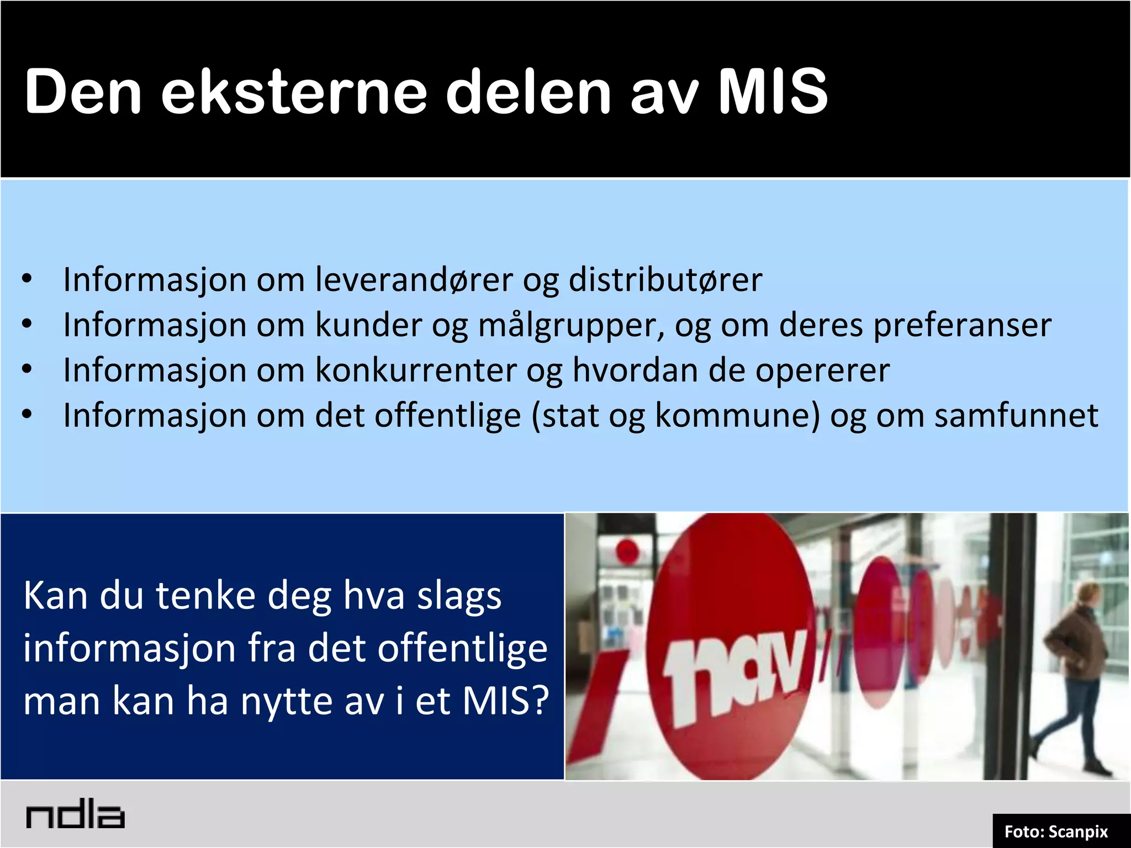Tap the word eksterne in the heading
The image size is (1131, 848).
click(x=294, y=92)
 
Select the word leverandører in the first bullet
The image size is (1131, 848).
click(x=414, y=279)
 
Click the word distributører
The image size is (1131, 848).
click(x=665, y=279)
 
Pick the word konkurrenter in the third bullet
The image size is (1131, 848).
click(x=415, y=370)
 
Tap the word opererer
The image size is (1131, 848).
click(x=822, y=371)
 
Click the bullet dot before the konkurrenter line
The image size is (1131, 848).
click(x=27, y=369)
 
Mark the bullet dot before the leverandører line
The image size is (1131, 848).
click(x=27, y=279)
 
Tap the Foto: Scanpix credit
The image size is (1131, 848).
click(x=1056, y=831)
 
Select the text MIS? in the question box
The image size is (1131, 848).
click(x=505, y=701)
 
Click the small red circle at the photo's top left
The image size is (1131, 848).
click(x=627, y=551)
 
